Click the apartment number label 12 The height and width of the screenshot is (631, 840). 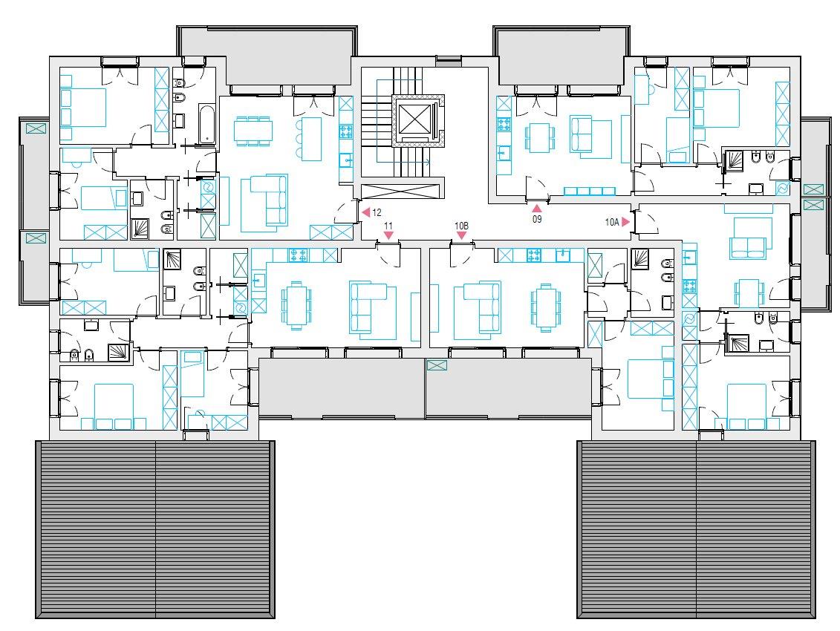coord(377,212)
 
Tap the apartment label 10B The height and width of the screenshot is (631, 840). coord(461,226)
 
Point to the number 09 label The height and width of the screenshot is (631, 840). coord(537,219)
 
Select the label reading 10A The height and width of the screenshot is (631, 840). coord(612,222)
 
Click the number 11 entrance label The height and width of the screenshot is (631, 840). coord(388,226)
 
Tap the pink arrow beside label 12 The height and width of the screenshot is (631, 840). coord(366,212)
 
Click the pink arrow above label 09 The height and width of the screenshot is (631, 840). coord(537,209)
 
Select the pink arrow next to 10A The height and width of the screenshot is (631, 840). coord(625,222)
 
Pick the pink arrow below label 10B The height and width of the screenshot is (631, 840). coord(461,235)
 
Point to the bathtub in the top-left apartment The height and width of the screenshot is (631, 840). coord(206,124)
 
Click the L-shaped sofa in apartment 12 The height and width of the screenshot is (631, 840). coord(269,199)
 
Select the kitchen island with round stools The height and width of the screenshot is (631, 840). coord(310,138)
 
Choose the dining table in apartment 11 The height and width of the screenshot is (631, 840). coord(296,305)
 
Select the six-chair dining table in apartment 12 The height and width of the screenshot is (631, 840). coord(253,130)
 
